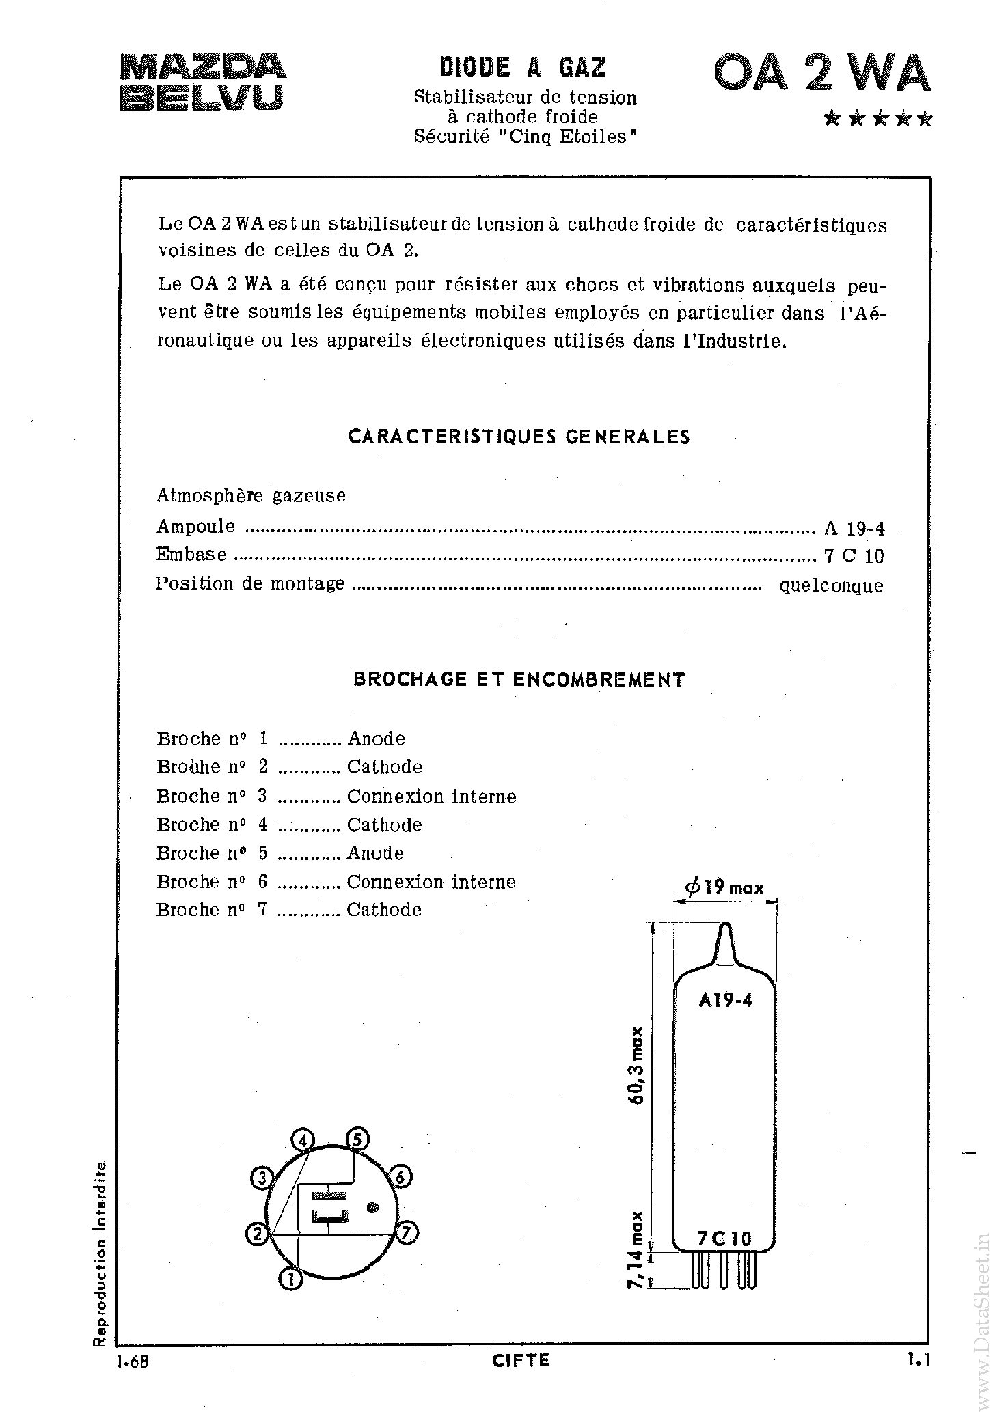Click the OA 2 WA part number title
tap(821, 74)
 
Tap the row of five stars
tap(877, 120)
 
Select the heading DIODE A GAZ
tap(523, 68)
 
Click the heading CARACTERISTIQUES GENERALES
tap(519, 437)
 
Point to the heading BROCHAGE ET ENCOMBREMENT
tap(519, 680)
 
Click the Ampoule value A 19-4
tap(854, 528)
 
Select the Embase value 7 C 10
tap(854, 556)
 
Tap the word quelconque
tap(831, 585)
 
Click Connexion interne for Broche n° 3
tap(431, 797)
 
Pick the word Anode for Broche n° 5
tap(375, 853)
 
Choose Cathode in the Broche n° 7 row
tap(384, 910)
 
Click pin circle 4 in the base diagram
tap(303, 1140)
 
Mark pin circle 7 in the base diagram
tap(406, 1233)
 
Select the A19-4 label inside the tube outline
tap(725, 1001)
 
